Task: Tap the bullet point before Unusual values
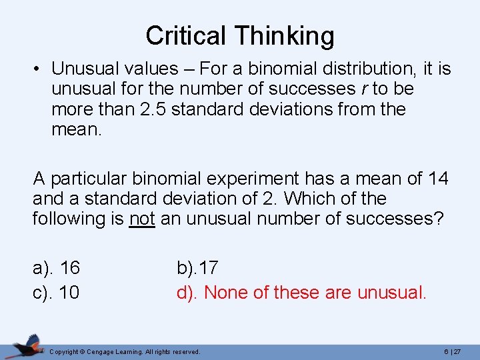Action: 39,69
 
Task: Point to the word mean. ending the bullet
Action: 77,129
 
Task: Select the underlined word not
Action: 141,219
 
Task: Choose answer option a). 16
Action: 56,268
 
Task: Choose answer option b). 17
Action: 197,268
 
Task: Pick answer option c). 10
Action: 56,292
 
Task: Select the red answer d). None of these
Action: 301,292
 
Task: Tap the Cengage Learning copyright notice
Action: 125,351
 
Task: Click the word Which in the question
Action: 307,199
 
